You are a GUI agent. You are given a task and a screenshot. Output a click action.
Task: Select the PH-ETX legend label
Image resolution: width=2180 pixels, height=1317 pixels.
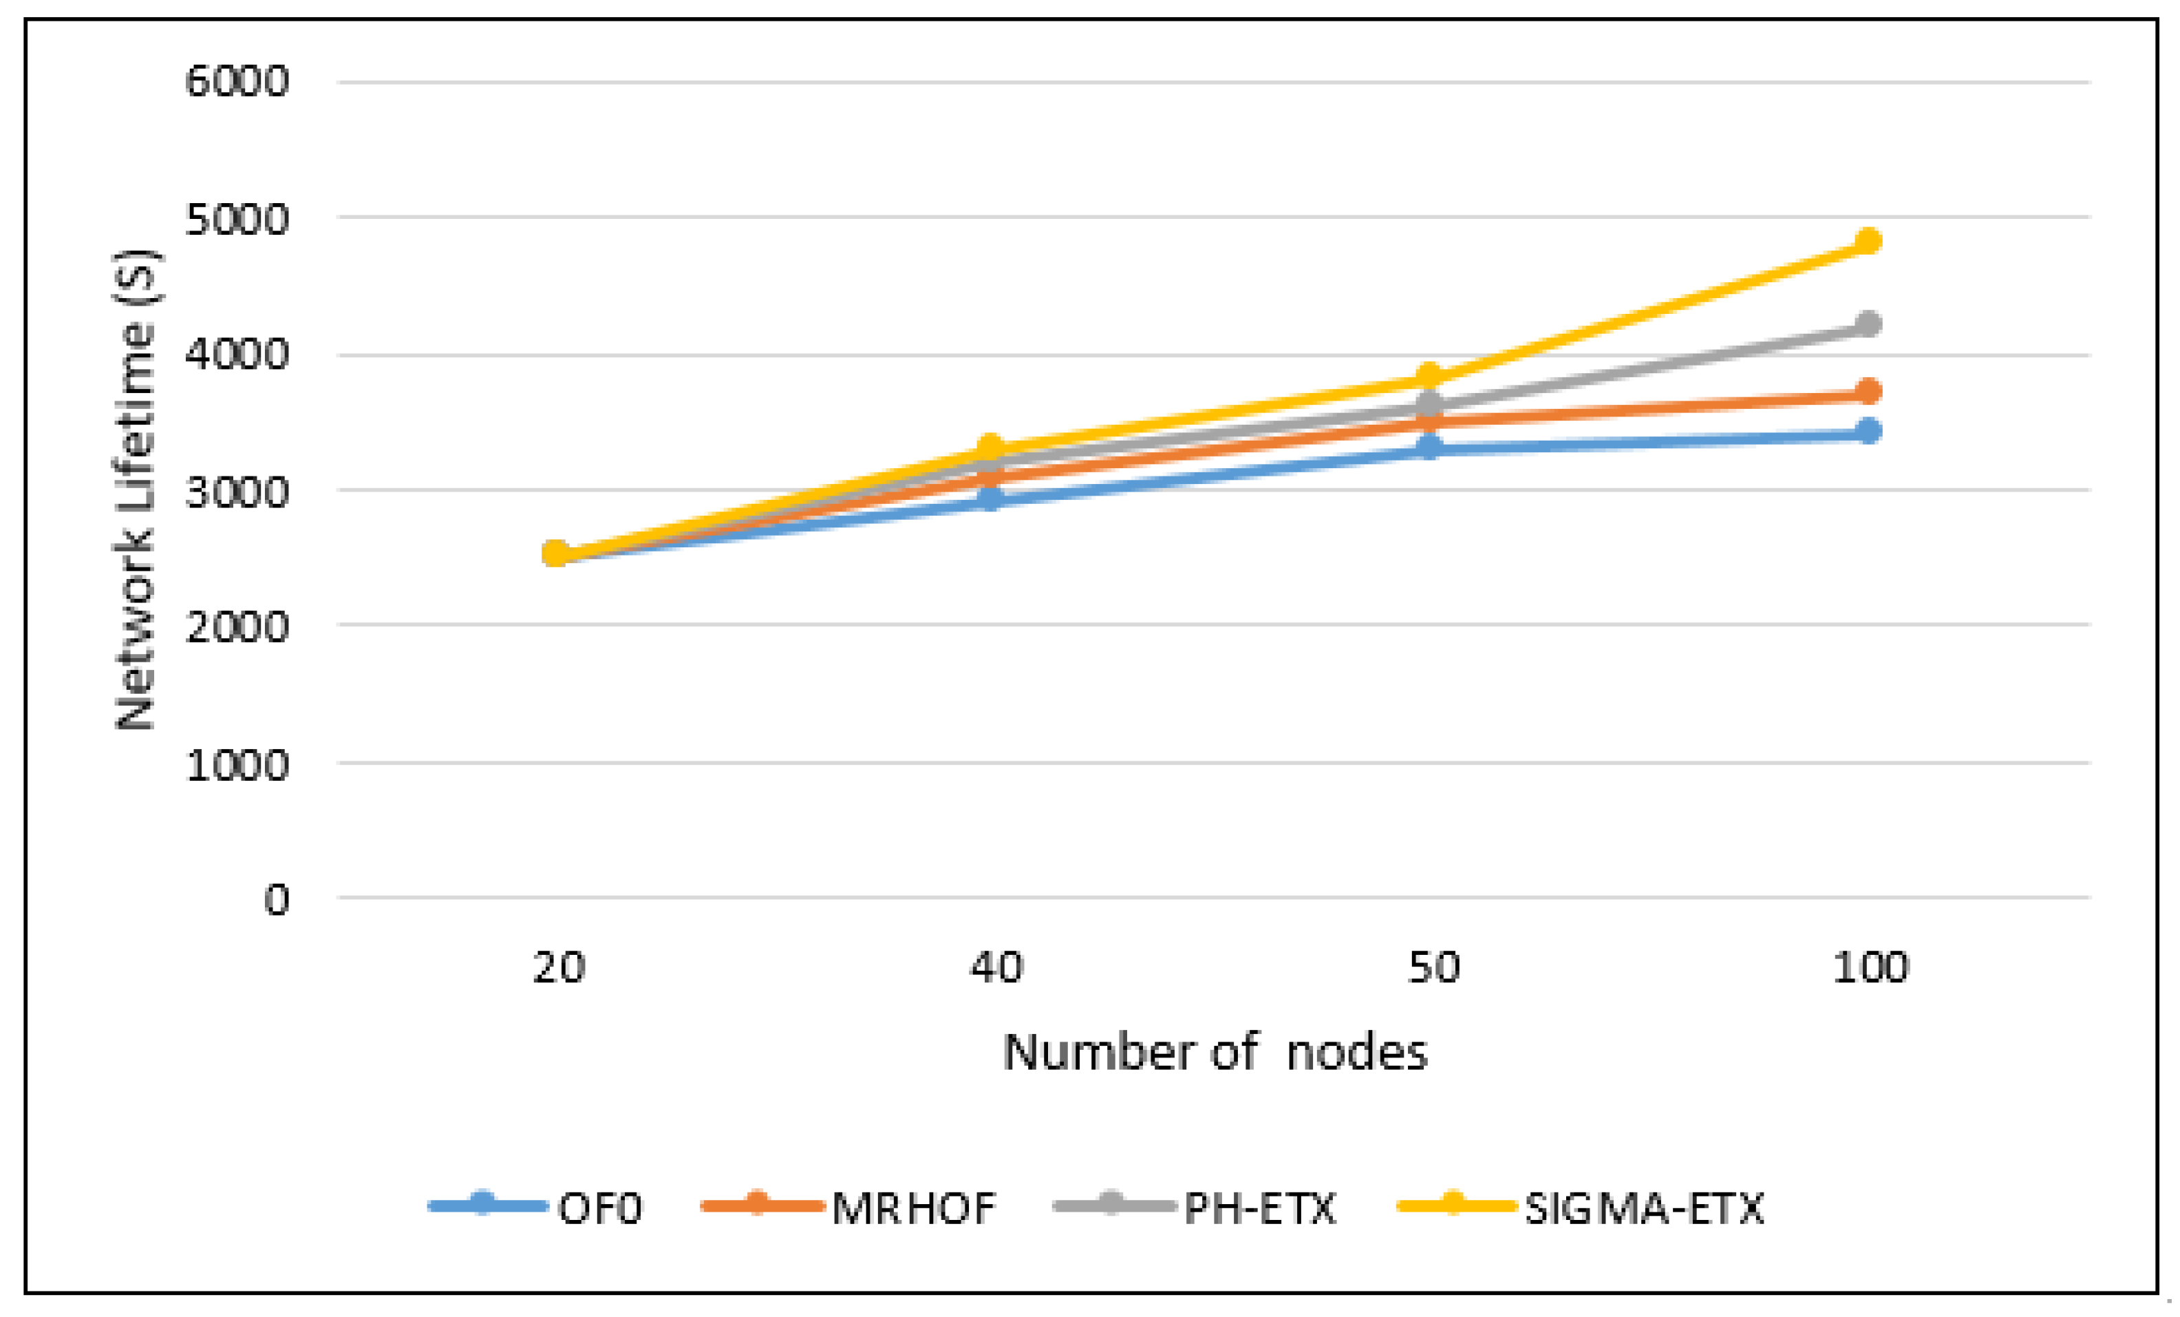coord(1260,1209)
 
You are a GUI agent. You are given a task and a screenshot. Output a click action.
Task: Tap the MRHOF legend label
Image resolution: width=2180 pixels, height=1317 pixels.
coord(913,1209)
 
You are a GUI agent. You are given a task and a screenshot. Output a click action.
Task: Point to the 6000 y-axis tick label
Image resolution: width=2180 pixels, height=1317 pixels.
coord(237,83)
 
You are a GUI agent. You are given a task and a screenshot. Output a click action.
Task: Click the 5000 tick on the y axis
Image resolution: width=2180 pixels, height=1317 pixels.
coord(237,220)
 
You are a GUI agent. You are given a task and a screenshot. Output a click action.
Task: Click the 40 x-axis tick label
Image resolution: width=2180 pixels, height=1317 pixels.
coord(996,968)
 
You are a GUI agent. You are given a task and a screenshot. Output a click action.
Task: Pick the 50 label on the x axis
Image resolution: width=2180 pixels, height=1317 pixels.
coord(1433,968)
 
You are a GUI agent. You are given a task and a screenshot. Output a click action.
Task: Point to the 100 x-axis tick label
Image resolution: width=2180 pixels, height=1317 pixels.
coord(1870,968)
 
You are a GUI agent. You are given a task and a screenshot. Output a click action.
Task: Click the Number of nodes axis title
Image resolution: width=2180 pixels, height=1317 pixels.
coord(1215,1053)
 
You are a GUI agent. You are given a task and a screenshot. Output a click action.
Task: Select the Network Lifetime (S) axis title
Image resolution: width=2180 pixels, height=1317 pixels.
coord(136,492)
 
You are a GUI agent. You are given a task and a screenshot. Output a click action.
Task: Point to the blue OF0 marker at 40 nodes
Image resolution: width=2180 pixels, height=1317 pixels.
coord(991,499)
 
